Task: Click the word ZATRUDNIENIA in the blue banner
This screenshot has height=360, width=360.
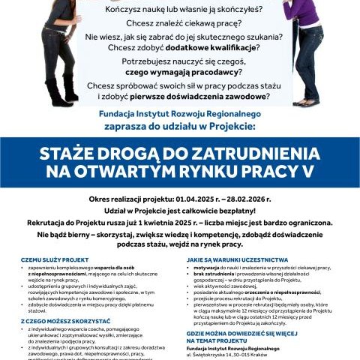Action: click(x=254, y=153)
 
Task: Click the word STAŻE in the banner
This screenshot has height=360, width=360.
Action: click(x=69, y=153)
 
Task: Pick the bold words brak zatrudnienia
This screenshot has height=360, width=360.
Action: click(x=214, y=273)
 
